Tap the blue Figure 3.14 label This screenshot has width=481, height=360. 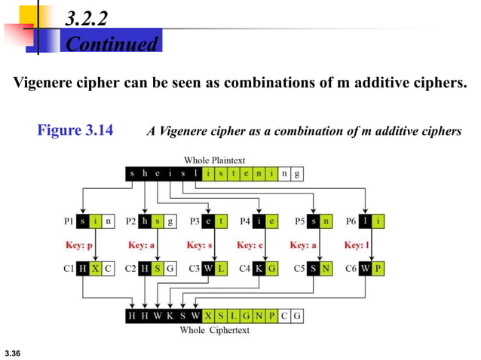coord(75,131)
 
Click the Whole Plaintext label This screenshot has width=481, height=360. coord(215,160)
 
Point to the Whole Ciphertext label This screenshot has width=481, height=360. coord(215,330)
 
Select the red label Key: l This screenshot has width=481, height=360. coord(356,245)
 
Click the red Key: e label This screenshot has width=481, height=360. coord(250,245)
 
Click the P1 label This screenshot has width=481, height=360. coord(68,221)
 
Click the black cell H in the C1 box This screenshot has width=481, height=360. coord(82,268)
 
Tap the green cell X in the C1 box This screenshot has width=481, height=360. coord(95,268)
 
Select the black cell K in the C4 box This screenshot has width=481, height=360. coord(259,268)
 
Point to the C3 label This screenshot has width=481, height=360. coord(192,268)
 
